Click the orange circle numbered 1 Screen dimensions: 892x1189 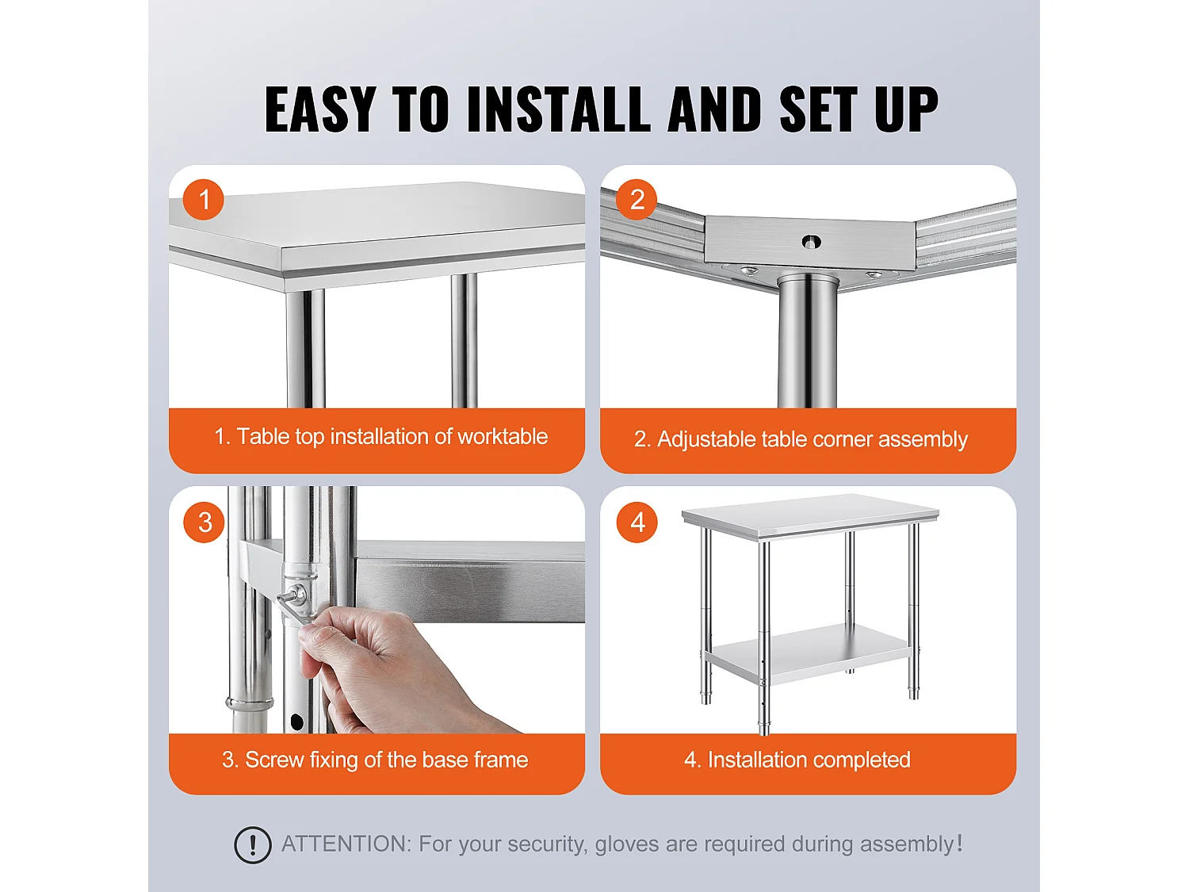[204, 200]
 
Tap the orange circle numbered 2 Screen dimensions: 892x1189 [637, 200]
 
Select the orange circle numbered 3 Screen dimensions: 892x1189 [205, 523]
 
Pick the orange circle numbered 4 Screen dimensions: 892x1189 [637, 523]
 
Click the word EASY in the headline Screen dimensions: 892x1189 [320, 109]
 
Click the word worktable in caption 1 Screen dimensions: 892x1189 [503, 437]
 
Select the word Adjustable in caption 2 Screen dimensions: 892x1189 [705, 439]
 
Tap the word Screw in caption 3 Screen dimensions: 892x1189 [274, 760]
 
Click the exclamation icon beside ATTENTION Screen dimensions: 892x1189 [253, 844]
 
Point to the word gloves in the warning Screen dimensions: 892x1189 [627, 844]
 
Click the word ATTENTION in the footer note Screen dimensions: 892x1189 [346, 844]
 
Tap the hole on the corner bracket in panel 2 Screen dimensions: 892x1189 [810, 242]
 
